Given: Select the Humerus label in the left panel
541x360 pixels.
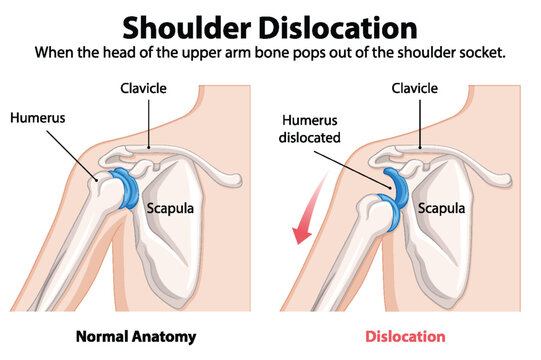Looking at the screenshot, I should coord(37,117).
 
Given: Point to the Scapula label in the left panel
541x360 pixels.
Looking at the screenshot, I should coord(171,209).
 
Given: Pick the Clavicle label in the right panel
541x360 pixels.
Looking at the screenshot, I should coord(416,89).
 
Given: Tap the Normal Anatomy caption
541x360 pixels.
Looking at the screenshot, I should coord(136,336).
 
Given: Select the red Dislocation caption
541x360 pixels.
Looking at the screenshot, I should coord(405,336).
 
